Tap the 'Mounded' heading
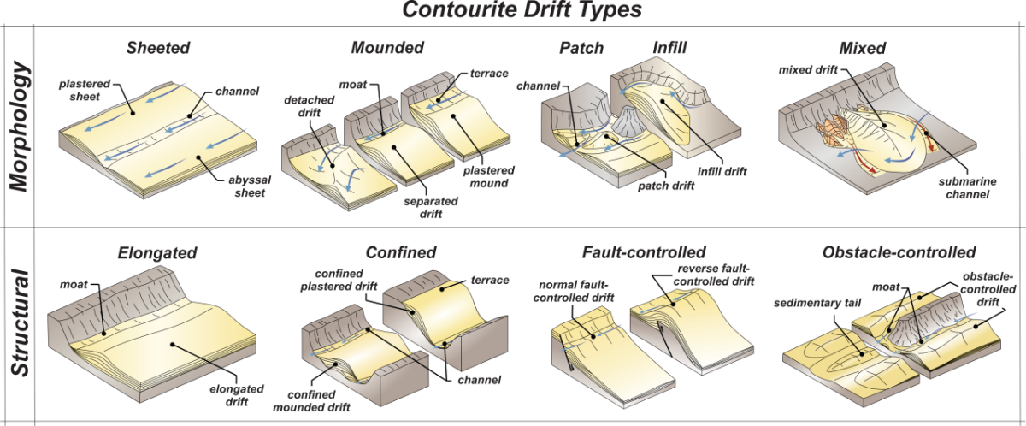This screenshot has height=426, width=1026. (x=386, y=47)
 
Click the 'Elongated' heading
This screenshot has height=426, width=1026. (x=157, y=253)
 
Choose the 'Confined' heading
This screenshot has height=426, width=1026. (x=401, y=252)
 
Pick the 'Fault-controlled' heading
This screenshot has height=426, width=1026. (x=644, y=252)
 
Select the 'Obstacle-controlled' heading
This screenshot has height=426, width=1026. (x=899, y=252)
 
